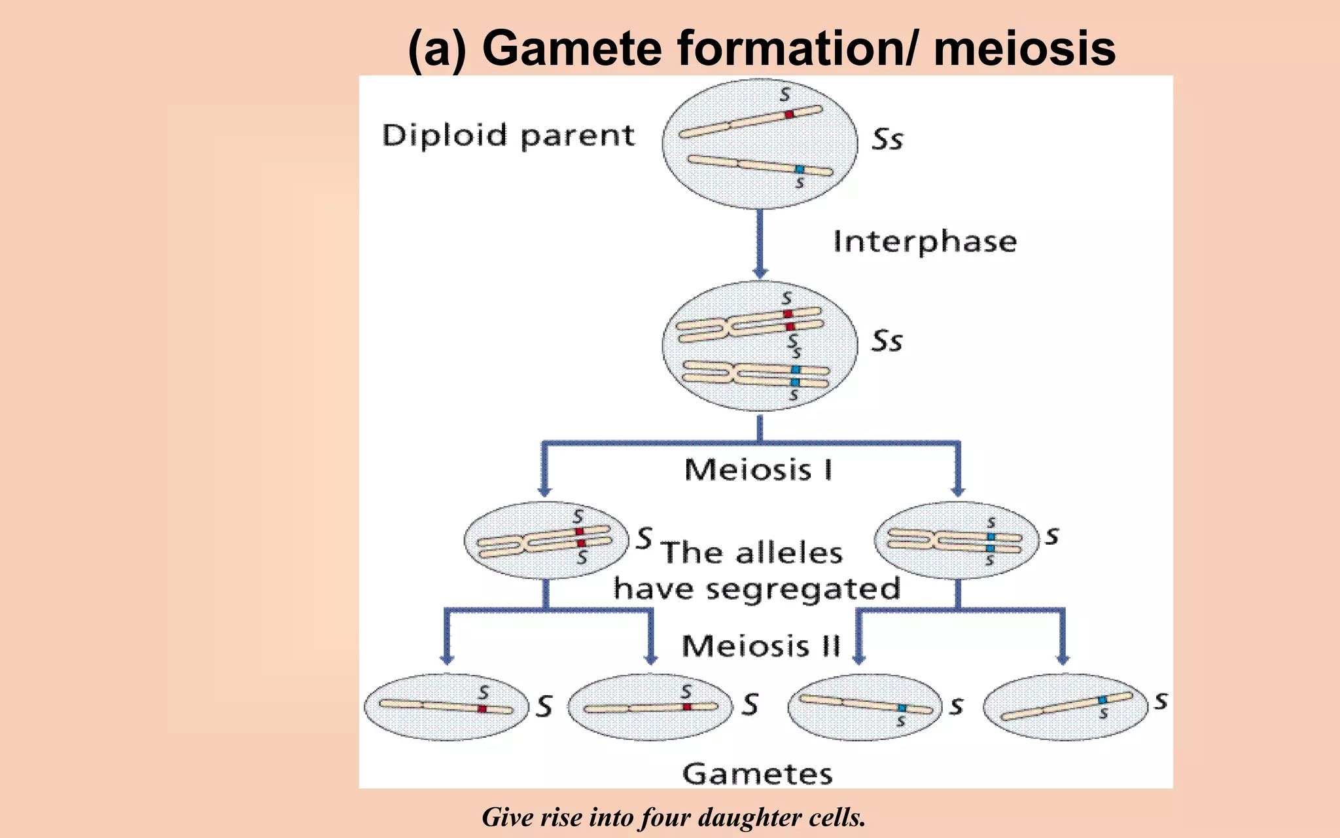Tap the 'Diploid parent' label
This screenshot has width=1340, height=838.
(508, 136)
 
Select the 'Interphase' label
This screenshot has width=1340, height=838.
(925, 242)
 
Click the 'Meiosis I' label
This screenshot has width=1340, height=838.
(758, 470)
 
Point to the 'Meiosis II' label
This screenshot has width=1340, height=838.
(760, 646)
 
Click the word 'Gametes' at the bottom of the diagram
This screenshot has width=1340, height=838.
(757, 774)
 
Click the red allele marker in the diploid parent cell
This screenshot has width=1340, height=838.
(789, 114)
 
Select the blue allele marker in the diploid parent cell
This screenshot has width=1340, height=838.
(799, 169)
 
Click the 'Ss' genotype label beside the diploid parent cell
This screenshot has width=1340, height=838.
(887, 139)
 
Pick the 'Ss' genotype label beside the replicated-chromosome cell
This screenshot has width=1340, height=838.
(887, 341)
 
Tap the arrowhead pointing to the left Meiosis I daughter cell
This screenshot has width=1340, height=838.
(544, 490)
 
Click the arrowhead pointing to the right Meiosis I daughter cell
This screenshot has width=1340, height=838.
(958, 490)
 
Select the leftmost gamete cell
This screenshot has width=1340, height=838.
(446, 707)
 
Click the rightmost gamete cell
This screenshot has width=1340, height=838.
(1065, 707)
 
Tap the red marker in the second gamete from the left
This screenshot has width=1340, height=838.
(687, 706)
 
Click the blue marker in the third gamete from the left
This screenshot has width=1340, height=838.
(902, 708)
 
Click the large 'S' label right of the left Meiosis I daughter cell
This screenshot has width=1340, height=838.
(644, 537)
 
